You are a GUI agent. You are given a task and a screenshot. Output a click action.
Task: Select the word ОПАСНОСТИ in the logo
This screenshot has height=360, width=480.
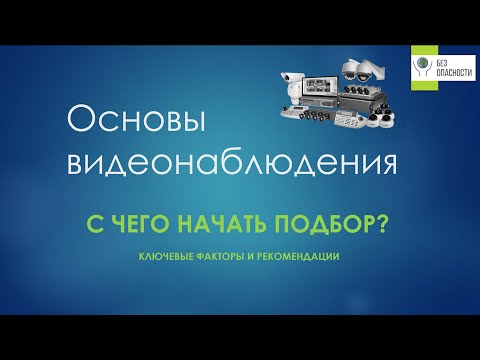point(451,73)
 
